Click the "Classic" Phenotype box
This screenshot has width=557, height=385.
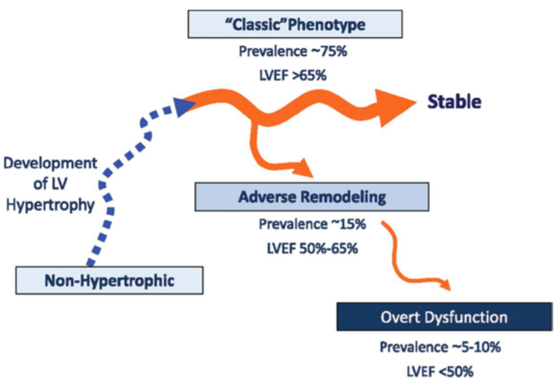295,24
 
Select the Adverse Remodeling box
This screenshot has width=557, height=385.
311,197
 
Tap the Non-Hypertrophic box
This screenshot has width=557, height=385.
110,280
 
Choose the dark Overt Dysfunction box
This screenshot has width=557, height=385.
445,317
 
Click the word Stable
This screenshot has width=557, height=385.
454,102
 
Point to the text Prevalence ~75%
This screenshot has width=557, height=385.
292,52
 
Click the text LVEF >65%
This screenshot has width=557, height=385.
292,75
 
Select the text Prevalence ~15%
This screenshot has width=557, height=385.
312,224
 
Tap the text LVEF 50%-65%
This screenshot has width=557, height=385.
312,249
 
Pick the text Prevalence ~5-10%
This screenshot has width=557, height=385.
440,347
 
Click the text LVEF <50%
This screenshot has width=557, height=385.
440,372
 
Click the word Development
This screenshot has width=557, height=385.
50,164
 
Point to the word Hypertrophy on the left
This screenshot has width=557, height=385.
50,205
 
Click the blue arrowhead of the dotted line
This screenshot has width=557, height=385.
184,106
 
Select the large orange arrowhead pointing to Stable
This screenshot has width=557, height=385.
395,108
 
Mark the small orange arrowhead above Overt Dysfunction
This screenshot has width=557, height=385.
445,284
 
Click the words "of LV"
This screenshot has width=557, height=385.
50,184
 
